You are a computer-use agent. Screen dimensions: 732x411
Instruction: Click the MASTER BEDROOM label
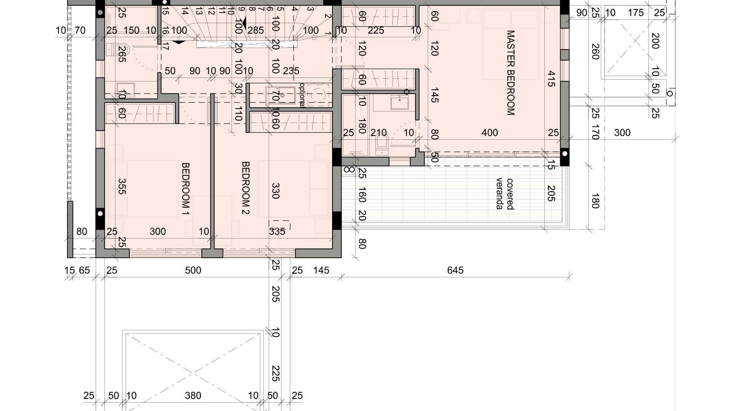(x=510, y=73)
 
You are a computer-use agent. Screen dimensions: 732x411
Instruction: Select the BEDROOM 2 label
(x=246, y=188)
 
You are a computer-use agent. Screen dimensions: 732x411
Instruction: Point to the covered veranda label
(x=505, y=194)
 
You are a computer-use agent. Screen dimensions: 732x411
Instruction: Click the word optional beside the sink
(x=302, y=95)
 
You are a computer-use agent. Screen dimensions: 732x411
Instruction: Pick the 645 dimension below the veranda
(x=455, y=270)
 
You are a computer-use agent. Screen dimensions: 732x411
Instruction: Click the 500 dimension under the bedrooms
(x=193, y=270)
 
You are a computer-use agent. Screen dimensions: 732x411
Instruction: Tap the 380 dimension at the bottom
(x=193, y=396)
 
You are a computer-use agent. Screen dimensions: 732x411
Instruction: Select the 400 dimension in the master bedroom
(x=490, y=133)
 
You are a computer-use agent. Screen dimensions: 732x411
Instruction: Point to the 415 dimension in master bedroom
(x=551, y=79)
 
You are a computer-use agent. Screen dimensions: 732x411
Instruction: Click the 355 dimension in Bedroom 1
(x=122, y=186)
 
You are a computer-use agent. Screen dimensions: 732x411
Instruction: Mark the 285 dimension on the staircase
(x=256, y=30)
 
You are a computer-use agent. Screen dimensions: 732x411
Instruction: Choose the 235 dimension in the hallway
(x=291, y=71)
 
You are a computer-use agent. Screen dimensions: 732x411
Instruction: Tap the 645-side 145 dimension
(x=321, y=270)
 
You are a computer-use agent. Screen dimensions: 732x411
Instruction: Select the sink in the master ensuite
(x=399, y=102)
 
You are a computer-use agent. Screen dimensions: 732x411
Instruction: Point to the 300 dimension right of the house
(x=622, y=133)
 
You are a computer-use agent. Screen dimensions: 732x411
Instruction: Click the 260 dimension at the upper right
(x=595, y=52)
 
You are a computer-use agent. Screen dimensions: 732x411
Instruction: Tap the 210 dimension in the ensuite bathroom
(x=379, y=133)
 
